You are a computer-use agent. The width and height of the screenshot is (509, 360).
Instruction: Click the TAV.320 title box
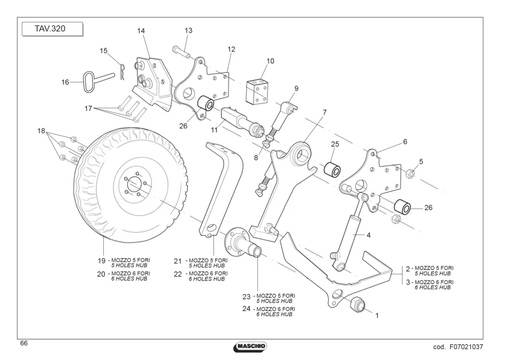52,29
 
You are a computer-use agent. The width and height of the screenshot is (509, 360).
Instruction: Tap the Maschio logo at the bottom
250,346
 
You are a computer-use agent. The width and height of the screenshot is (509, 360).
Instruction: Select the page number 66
24,343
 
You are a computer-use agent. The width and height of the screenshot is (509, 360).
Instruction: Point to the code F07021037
458,347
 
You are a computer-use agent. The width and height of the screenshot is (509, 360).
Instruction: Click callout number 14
141,31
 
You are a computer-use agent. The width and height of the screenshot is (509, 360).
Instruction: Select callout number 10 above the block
270,61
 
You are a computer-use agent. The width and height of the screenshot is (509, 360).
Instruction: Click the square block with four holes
257,91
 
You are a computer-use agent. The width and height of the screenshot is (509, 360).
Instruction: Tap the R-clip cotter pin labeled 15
122,71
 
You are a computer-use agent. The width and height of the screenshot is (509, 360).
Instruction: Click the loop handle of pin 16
88,82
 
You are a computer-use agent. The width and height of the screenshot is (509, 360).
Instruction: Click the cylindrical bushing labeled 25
332,169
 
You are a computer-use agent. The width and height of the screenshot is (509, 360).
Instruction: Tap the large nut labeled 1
358,304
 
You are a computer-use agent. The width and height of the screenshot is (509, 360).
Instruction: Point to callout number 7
324,113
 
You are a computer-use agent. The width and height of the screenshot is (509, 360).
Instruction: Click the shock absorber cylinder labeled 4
349,233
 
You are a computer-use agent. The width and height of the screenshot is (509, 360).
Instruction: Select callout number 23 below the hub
246,297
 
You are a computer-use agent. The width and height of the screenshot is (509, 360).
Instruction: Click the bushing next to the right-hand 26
403,207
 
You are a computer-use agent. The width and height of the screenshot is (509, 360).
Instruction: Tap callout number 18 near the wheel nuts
41,131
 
